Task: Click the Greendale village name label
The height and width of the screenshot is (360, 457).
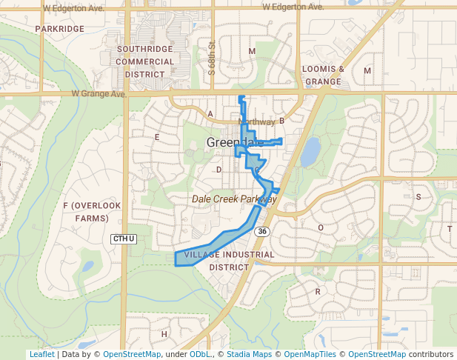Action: [234, 143]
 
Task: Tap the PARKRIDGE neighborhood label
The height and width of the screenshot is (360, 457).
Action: [59, 29]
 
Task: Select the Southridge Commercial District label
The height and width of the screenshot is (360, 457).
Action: [145, 61]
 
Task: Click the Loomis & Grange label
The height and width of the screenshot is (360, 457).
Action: [324, 75]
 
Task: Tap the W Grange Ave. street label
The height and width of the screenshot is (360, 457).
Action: [99, 94]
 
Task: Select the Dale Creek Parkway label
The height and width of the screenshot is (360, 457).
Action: [234, 199]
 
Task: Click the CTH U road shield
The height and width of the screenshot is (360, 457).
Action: [124, 239]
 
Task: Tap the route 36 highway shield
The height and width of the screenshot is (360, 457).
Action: [262, 232]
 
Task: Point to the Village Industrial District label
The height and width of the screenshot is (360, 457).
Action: [229, 260]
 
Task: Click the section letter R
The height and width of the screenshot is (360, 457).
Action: [318, 291]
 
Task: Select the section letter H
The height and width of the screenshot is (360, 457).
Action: [164, 334]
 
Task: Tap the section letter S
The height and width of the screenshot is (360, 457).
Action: [418, 197]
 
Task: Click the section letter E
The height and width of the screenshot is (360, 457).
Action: [157, 137]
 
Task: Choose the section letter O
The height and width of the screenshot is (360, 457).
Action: [321, 227]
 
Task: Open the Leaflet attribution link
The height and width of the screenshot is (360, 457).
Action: [41, 354]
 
